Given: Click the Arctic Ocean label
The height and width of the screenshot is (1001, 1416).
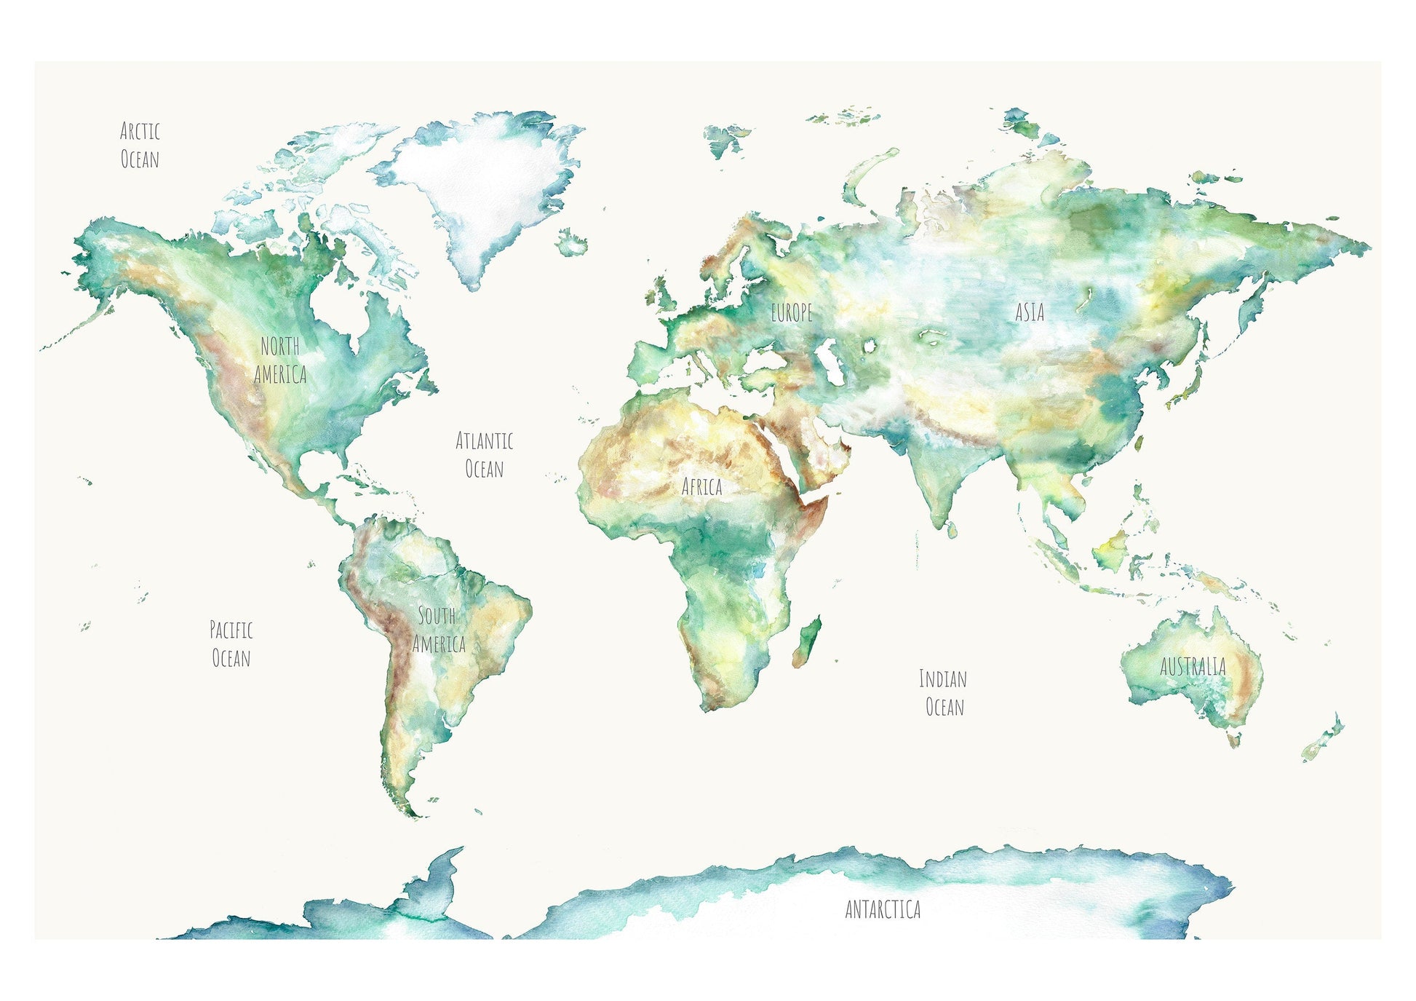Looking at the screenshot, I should [x=140, y=145].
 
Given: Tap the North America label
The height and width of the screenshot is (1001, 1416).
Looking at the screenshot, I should [x=280, y=360].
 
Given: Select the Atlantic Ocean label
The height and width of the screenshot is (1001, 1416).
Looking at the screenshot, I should [x=485, y=454].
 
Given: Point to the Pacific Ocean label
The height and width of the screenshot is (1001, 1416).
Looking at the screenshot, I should [x=231, y=644].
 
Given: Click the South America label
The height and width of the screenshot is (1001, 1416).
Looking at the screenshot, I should [x=438, y=630].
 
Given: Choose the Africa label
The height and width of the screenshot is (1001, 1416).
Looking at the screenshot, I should [x=701, y=486].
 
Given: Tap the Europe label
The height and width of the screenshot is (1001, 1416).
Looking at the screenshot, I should [x=792, y=313].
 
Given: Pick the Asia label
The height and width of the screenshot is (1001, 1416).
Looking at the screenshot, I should [x=1030, y=312].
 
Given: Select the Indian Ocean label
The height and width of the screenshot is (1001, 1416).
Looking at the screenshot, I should [x=944, y=693].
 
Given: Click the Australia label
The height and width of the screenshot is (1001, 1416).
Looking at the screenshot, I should [x=1193, y=666].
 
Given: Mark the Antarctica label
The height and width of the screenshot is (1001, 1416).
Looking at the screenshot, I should [x=883, y=909].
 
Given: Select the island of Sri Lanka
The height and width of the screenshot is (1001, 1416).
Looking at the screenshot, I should [x=952, y=529].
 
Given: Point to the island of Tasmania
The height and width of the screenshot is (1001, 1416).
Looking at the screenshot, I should [x=1233, y=740].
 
